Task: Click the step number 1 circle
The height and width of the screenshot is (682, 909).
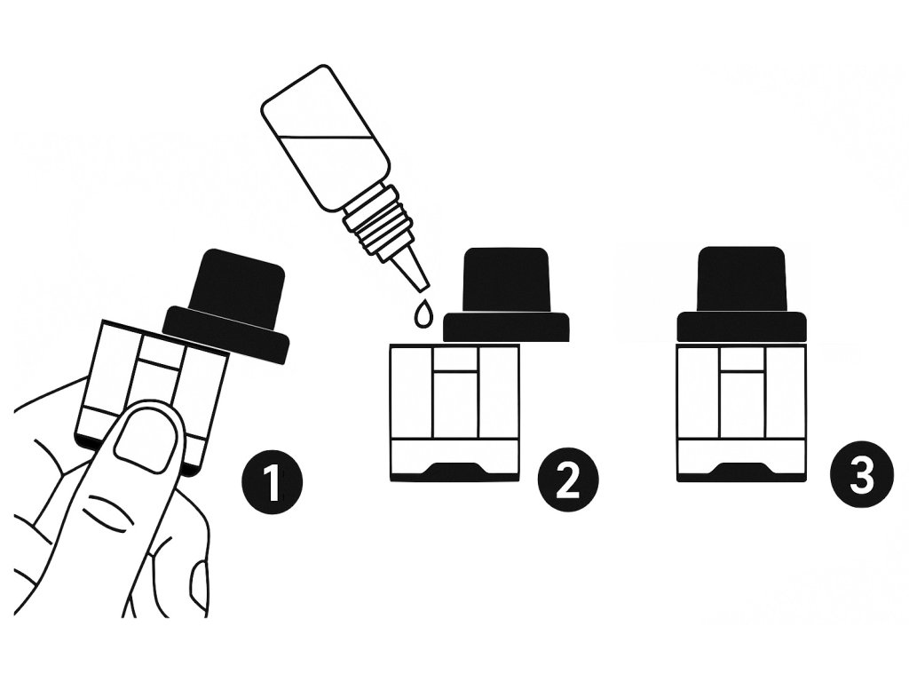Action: [x=272, y=480]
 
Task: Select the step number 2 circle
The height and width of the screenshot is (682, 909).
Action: [x=567, y=480]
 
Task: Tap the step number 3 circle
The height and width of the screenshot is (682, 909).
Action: [x=861, y=480]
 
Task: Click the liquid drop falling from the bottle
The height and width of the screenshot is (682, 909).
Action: [x=422, y=313]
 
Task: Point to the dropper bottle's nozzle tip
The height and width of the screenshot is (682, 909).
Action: [x=423, y=285]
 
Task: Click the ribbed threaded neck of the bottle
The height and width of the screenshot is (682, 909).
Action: [x=381, y=220]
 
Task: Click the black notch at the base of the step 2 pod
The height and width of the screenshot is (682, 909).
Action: [x=454, y=469]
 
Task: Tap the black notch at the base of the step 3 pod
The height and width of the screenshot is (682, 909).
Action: [x=741, y=469]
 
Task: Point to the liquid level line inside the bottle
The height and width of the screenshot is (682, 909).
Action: [x=326, y=137]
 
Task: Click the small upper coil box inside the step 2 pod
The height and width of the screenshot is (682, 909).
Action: [x=455, y=361]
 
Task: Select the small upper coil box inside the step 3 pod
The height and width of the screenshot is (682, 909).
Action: [x=742, y=361]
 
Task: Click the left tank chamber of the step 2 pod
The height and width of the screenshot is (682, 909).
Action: [x=412, y=392]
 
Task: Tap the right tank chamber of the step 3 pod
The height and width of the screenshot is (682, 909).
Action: [x=786, y=392]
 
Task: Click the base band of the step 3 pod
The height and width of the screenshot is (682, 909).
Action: [x=741, y=461]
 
